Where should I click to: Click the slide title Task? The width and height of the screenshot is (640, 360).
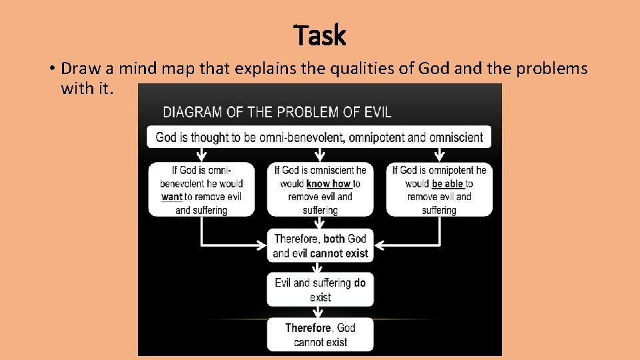point(320,35)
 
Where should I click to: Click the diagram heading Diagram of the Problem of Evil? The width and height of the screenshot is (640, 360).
point(277,111)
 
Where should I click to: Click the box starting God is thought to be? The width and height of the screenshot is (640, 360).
point(319,137)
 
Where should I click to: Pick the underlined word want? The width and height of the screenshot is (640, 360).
point(171,197)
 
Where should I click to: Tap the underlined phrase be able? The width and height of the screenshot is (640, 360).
point(447,183)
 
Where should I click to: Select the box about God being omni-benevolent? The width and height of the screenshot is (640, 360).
point(201,189)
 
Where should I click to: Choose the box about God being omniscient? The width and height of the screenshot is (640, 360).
point(320,189)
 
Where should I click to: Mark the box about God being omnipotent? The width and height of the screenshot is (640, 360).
point(439,189)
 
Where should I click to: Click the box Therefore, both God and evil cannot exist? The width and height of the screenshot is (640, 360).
point(320,245)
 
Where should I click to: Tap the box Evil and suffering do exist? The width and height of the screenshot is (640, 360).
point(320,289)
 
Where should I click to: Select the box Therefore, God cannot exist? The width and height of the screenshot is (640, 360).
point(320,335)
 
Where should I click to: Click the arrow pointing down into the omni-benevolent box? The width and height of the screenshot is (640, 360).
point(201,155)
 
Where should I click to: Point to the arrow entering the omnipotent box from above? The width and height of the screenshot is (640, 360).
point(439,155)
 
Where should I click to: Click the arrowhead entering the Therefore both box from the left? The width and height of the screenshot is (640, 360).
point(262,245)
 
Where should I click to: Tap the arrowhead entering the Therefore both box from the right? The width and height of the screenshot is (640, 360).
point(378,245)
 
